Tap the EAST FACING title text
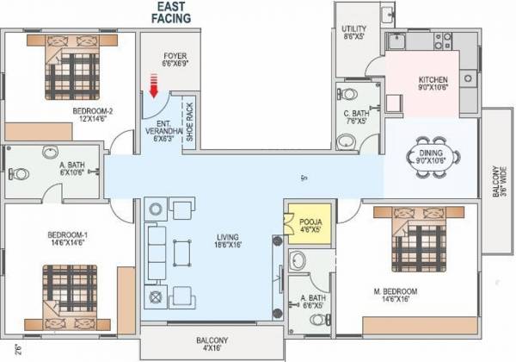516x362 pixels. click(179, 11)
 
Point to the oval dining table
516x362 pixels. click(434, 156)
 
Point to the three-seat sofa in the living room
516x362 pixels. click(156, 251)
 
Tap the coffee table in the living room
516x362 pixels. click(181, 253)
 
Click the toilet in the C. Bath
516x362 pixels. click(346, 92)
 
